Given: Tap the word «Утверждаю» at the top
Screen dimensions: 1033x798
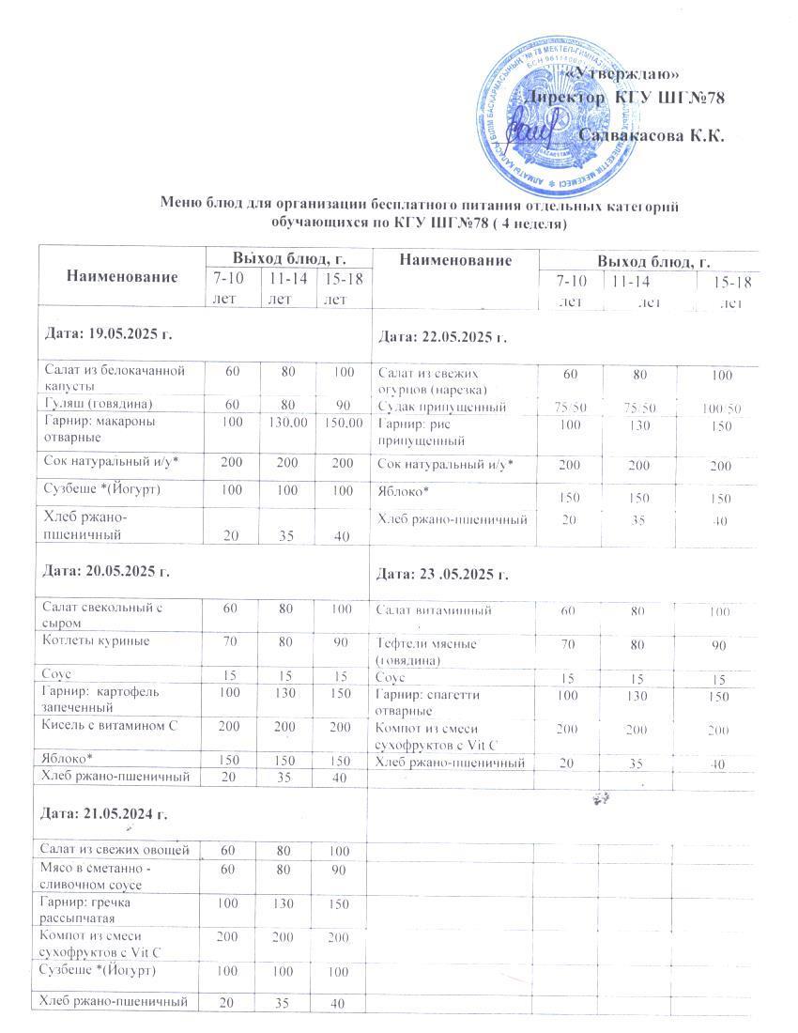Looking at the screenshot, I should (625, 74).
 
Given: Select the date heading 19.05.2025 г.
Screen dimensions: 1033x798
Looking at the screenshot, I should (109, 333).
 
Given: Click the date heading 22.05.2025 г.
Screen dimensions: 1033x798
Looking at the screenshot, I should (442, 337).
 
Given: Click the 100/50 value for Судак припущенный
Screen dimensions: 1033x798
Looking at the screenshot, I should (721, 408).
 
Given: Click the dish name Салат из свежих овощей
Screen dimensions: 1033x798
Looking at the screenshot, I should (115, 850).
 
